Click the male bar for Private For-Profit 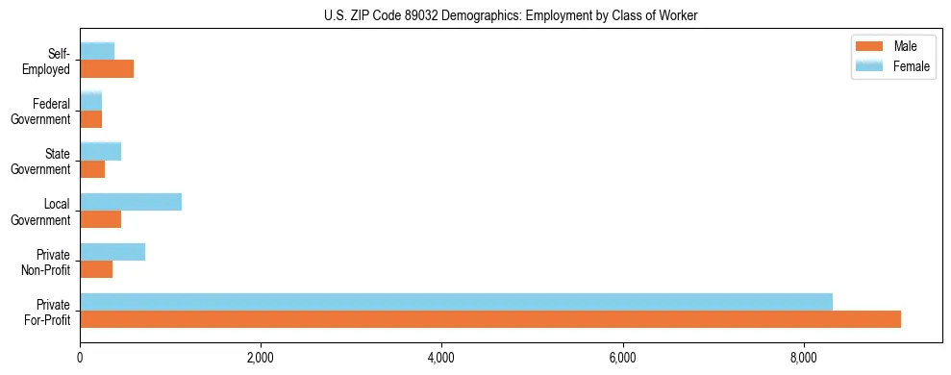[x=490, y=319]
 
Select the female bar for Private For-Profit [x=456, y=302]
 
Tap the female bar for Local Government [x=131, y=202]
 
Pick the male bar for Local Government [x=101, y=219]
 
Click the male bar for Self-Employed [x=107, y=68]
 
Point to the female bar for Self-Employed [x=97, y=51]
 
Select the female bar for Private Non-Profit [x=113, y=252]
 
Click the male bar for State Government [x=92, y=169]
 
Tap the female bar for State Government [x=101, y=151]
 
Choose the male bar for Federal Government [x=91, y=118]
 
